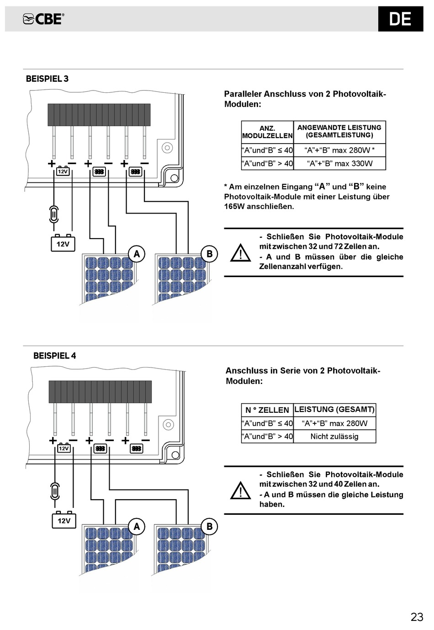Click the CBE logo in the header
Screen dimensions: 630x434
[x=43, y=19]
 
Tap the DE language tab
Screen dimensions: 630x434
[x=400, y=19]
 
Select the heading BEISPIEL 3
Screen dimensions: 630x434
[x=47, y=79]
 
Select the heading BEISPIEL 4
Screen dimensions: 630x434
[x=54, y=355]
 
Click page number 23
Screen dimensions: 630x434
[x=417, y=617]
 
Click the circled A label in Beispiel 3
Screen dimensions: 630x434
[x=137, y=254]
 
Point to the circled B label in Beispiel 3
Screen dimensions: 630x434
[x=209, y=254]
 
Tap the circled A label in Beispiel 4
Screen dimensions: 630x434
[x=137, y=526]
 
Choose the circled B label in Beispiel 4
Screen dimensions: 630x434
[x=209, y=526]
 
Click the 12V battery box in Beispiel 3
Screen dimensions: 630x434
[x=63, y=244]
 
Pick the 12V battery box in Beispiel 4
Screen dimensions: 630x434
[x=64, y=520]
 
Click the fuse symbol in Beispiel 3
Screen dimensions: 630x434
[x=54, y=214]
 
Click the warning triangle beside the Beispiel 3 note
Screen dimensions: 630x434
[x=240, y=253]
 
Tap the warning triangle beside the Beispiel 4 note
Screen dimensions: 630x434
[x=240, y=491]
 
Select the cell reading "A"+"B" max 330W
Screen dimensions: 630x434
[x=339, y=163]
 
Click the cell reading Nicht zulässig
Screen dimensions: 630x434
[x=334, y=436]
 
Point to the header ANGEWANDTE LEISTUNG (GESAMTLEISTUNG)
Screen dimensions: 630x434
[x=339, y=131]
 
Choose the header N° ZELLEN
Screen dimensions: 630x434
[x=267, y=410]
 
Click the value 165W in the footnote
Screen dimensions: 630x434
[x=234, y=206]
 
